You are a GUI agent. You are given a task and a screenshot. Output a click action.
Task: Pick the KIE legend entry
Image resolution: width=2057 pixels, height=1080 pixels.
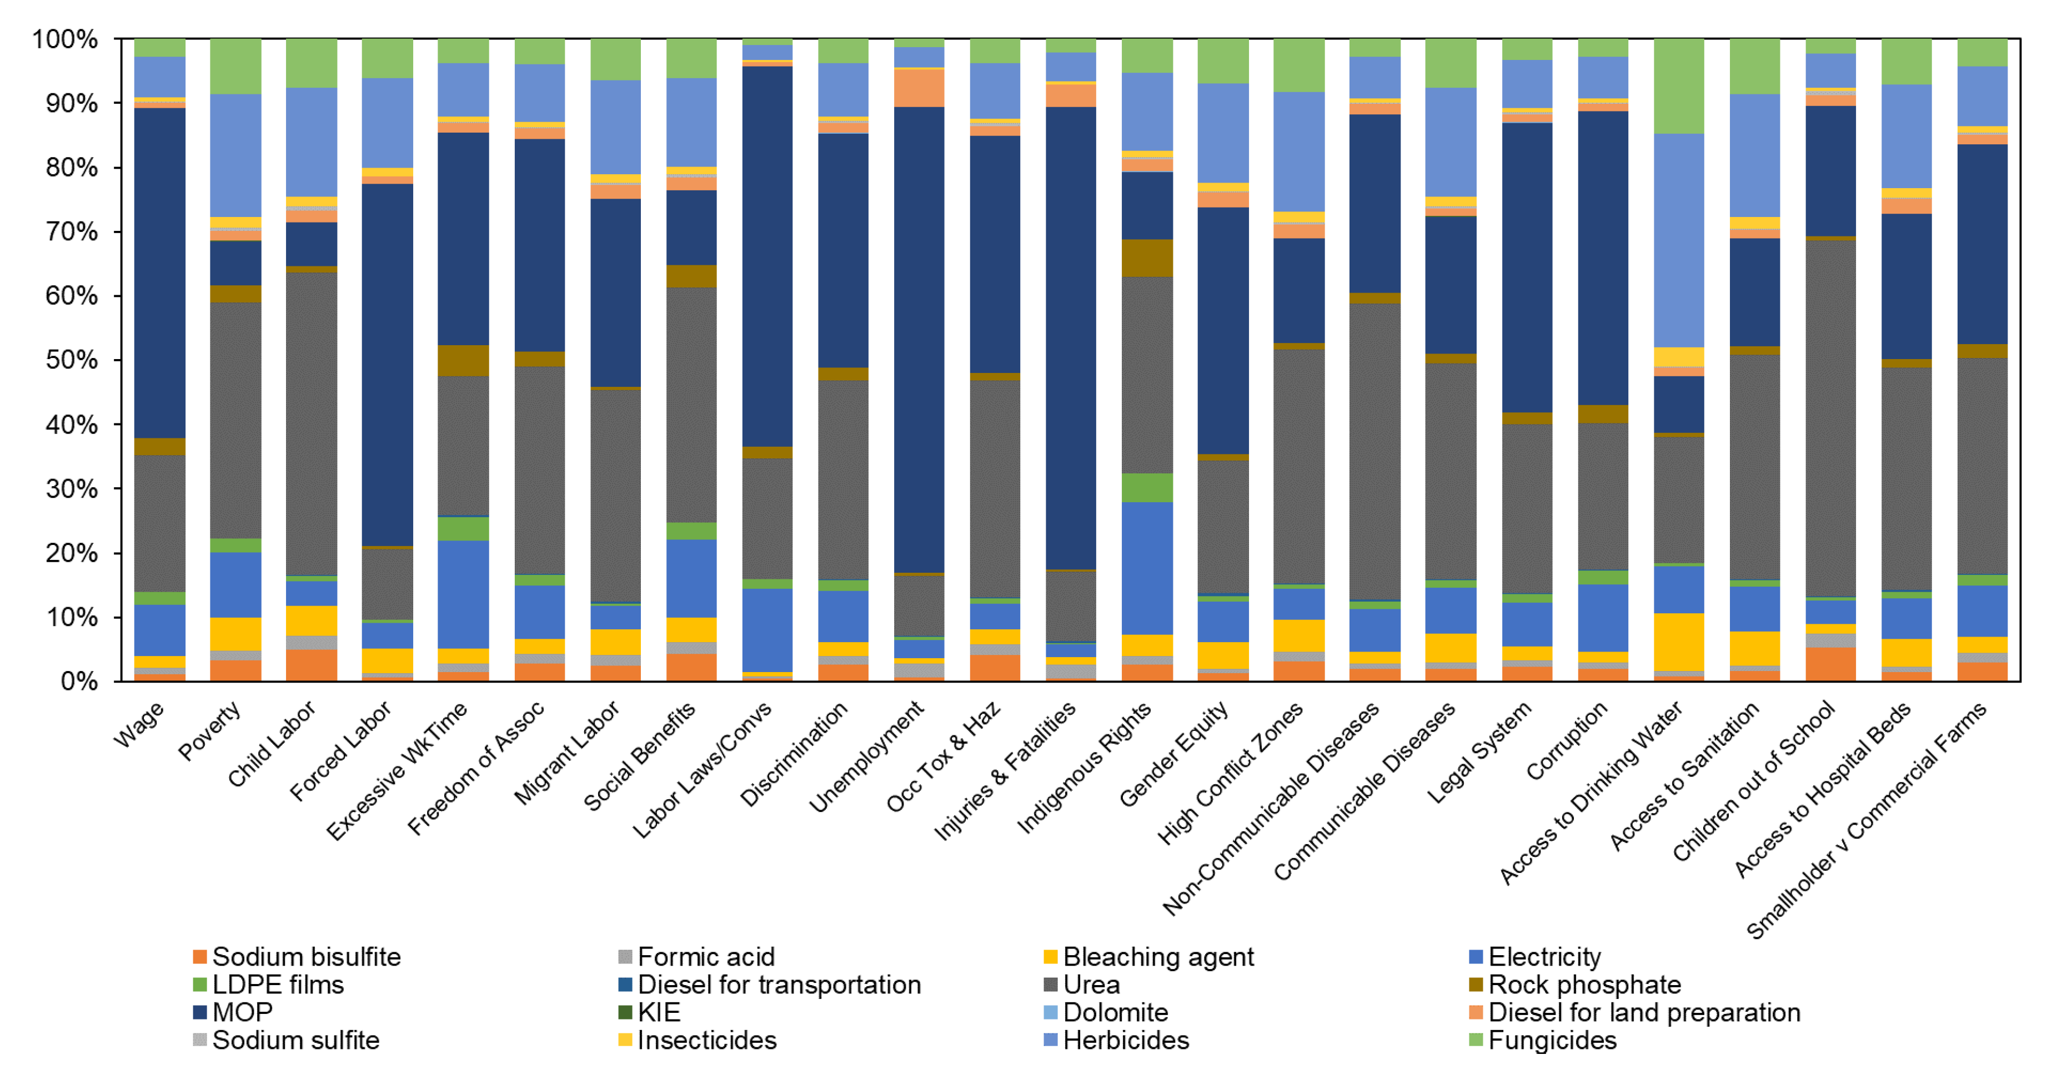(x=659, y=1012)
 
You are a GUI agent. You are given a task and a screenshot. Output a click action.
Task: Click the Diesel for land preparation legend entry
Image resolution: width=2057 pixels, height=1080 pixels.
(x=1643, y=1012)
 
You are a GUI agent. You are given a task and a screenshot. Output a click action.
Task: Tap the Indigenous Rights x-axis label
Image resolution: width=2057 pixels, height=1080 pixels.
(x=1085, y=766)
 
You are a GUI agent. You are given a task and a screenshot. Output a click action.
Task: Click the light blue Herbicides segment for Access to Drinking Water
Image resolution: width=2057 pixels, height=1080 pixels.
(x=1678, y=239)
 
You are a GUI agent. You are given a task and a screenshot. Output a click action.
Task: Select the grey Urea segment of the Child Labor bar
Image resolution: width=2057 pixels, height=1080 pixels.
(x=312, y=423)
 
